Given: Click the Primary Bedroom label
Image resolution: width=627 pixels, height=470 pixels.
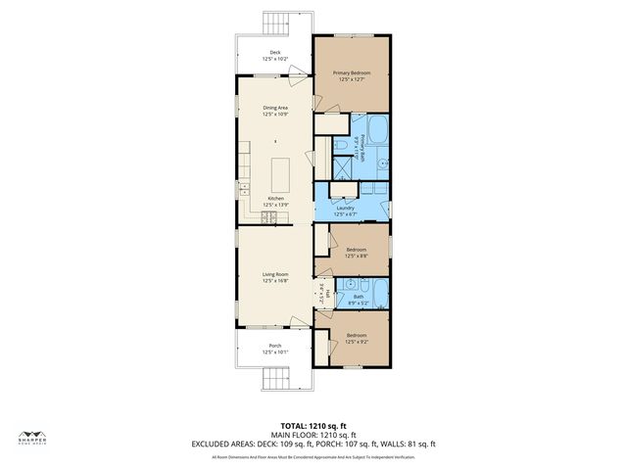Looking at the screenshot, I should tap(353, 75).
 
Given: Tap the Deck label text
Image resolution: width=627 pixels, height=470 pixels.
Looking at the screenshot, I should tap(273, 56).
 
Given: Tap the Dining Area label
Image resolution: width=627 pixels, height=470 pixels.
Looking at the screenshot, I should tap(274, 111).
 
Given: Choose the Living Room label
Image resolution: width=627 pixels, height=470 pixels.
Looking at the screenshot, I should tap(274, 277).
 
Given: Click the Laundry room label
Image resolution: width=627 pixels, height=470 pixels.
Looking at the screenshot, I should tap(345, 211).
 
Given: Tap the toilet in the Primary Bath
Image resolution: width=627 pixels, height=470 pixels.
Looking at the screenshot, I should tap(340, 146).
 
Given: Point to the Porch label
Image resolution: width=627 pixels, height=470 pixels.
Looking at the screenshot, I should tap(274, 349).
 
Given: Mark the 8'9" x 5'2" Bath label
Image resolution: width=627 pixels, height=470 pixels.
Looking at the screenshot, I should tap(357, 300).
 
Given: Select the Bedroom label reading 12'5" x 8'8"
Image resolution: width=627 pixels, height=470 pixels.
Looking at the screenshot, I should tap(357, 253).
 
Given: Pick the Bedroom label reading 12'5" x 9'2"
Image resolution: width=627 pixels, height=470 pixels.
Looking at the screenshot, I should tap(357, 339).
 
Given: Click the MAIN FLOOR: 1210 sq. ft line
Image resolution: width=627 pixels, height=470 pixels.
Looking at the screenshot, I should tap(313, 435).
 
